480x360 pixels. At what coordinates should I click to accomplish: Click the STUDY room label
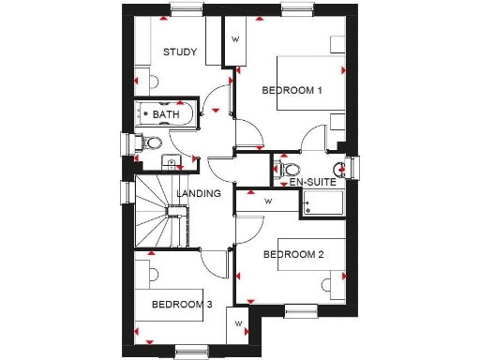(x=179, y=52)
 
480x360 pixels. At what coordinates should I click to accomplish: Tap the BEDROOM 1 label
(x=292, y=91)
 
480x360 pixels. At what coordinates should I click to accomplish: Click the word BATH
(x=166, y=114)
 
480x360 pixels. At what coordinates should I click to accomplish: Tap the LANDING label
(x=198, y=194)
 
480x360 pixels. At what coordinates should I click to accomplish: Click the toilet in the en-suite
(x=289, y=170)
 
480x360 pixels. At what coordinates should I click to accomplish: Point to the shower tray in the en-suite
(x=321, y=204)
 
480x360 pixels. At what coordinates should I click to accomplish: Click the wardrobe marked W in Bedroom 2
(x=267, y=201)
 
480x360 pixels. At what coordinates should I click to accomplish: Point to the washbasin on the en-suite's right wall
(x=342, y=167)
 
